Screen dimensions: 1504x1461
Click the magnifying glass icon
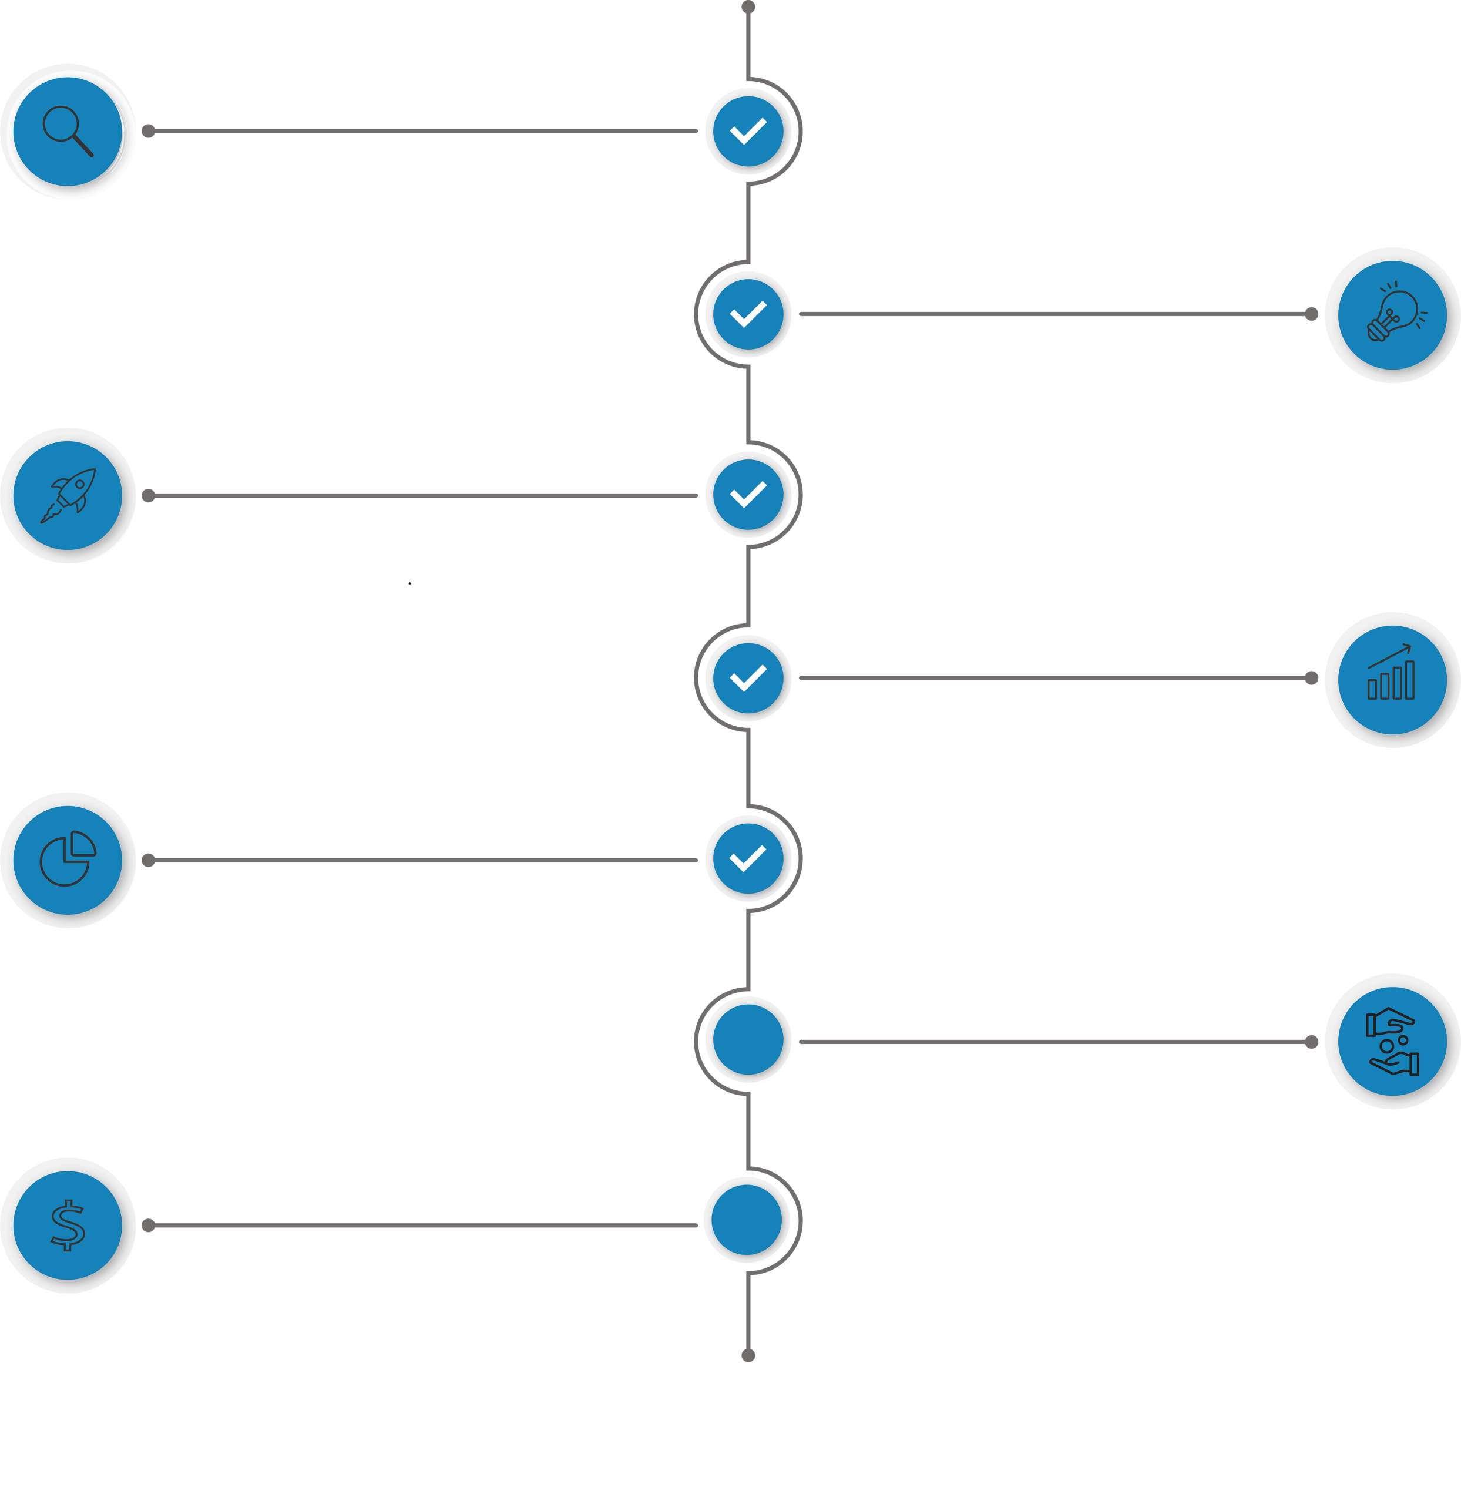[x=68, y=131]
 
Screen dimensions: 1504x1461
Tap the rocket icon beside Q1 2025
[x=68, y=496]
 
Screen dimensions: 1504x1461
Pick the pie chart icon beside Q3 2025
[x=68, y=860]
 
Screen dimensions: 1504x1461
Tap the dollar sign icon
[x=68, y=1225]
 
